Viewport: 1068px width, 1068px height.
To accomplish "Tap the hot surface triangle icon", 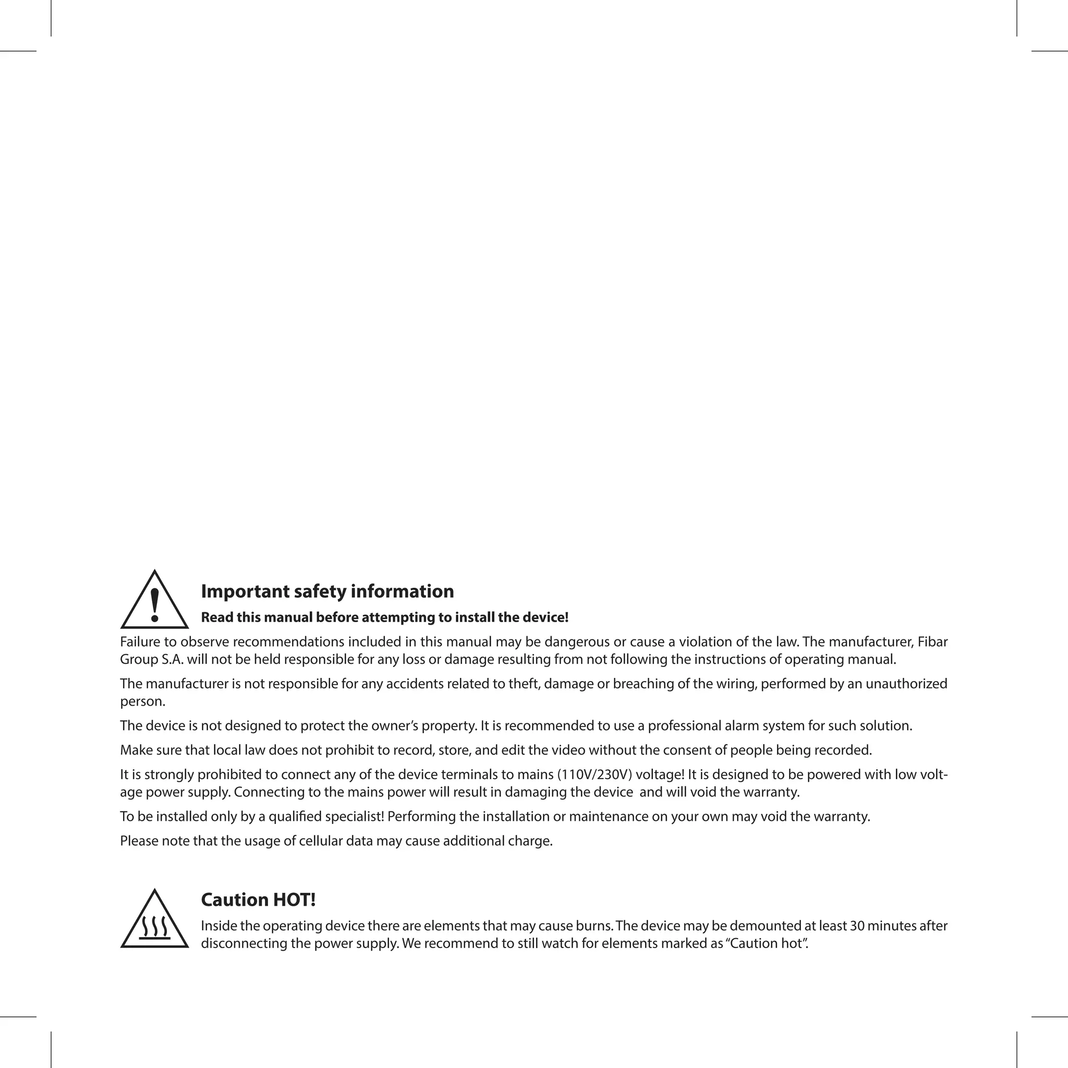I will point(154,921).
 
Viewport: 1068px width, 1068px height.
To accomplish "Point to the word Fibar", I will point(932,642).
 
